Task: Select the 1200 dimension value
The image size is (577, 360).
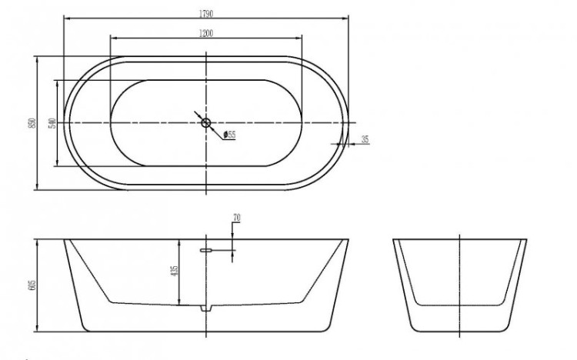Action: [205, 33]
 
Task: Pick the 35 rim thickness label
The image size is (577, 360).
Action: [365, 139]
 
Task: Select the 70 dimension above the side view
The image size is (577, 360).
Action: [236, 218]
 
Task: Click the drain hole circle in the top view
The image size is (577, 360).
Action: [205, 122]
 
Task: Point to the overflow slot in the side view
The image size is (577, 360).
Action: [205, 249]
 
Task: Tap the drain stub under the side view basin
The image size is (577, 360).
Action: [205, 308]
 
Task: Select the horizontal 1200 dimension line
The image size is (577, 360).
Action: [154, 38]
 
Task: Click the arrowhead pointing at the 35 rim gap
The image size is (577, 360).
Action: [342, 143]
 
